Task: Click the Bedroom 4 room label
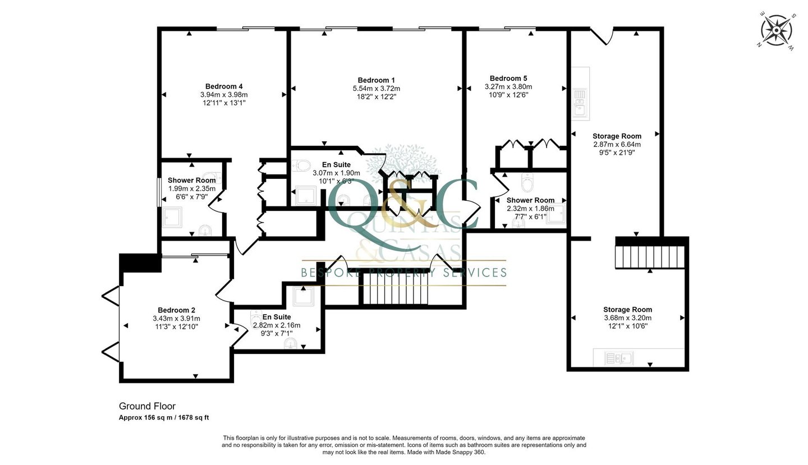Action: [x=224, y=86]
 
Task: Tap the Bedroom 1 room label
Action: [x=376, y=80]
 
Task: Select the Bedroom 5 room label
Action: [x=508, y=78]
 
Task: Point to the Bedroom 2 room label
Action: [x=176, y=310]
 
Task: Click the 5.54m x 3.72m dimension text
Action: [x=376, y=88]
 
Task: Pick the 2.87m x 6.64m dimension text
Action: [x=617, y=144]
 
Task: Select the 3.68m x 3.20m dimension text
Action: [x=628, y=317]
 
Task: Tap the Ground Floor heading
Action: [x=147, y=406]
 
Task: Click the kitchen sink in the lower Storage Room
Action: [x=619, y=358]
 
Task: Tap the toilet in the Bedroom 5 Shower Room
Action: [x=527, y=182]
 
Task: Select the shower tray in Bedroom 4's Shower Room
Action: [x=172, y=217]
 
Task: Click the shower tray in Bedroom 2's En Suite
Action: [x=304, y=296]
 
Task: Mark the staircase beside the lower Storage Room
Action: [x=650, y=256]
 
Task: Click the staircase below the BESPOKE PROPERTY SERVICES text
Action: [x=396, y=288]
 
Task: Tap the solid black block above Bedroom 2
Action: [x=140, y=263]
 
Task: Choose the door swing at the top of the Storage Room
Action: [x=603, y=36]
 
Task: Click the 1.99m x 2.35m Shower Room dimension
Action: [x=191, y=188]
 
